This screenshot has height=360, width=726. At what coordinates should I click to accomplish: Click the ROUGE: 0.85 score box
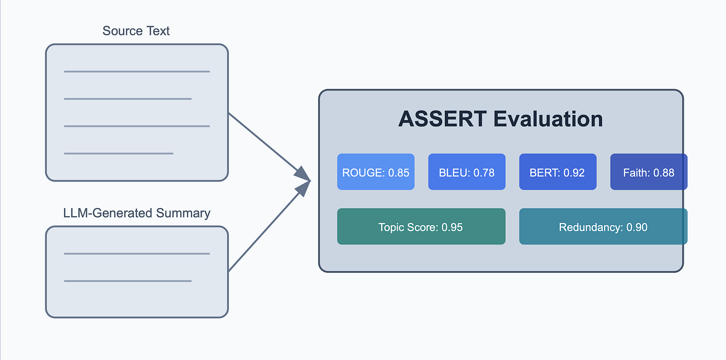(x=375, y=172)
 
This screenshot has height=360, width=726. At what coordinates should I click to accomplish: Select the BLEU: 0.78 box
(x=466, y=172)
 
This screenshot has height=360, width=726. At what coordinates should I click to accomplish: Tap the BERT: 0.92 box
(x=557, y=172)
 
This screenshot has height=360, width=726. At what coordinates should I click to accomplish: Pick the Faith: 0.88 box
(x=648, y=172)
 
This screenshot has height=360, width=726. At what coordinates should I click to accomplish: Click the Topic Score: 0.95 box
(x=421, y=227)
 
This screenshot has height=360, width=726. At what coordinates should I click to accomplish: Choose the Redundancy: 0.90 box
(x=603, y=227)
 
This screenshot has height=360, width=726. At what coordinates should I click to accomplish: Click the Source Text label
(x=136, y=31)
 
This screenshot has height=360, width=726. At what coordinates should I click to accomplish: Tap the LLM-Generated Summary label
(x=136, y=213)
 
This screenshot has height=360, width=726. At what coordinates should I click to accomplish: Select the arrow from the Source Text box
(x=267, y=144)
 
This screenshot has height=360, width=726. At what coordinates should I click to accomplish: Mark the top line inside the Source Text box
(x=136, y=71)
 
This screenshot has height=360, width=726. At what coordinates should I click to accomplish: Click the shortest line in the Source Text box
(x=119, y=154)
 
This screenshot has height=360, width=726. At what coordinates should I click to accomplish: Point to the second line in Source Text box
(x=127, y=98)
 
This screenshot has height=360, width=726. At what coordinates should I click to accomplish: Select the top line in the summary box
(x=136, y=254)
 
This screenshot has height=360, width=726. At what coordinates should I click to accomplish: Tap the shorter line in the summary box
(x=127, y=281)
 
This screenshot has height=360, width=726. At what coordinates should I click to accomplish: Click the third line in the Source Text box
(x=136, y=126)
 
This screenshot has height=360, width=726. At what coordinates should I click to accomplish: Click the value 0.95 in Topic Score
(x=452, y=227)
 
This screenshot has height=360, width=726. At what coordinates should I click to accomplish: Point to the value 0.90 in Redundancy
(x=637, y=227)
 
